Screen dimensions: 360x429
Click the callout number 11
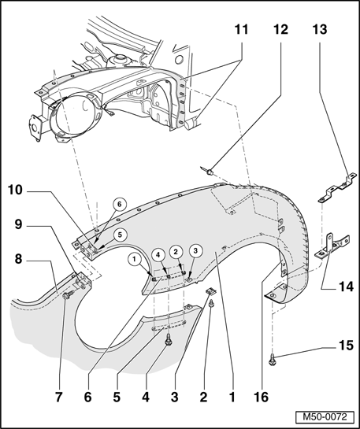[x=241, y=30]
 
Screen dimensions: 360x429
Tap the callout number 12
[x=281, y=30]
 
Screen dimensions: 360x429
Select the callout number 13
[x=320, y=30]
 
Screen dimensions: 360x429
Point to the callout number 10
[x=15, y=190]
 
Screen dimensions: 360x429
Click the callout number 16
[x=262, y=397]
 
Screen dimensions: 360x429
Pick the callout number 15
[x=347, y=346]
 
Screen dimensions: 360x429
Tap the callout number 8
[x=18, y=259]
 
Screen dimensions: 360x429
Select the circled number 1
[x=134, y=259]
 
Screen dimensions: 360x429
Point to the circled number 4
[x=158, y=254]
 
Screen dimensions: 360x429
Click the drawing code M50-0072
[x=325, y=417]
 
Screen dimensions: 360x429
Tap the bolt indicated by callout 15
[x=273, y=359]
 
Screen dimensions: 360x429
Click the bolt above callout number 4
[x=168, y=339]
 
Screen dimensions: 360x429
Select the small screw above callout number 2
[x=211, y=303]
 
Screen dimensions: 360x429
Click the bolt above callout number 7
[x=68, y=295]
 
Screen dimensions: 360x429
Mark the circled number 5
[x=120, y=235]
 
